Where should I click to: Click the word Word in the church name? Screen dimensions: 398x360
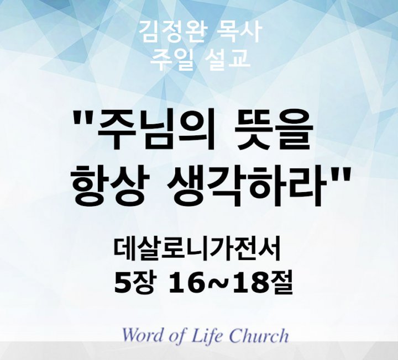[144, 335]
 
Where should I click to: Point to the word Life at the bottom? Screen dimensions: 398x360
[211, 335]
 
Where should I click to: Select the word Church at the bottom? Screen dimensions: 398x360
[259, 335]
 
